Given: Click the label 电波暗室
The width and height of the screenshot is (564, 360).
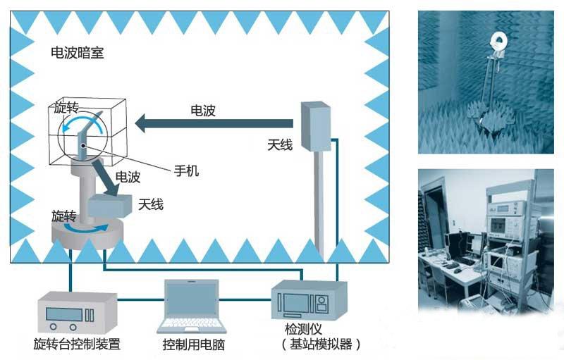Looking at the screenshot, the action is coord(78,53).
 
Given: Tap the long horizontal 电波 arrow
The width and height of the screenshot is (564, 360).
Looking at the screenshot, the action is coord(214,123).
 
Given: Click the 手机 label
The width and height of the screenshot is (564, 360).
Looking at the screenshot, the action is coord(186,170).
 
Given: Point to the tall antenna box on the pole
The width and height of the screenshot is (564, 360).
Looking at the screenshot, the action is coord(316,127).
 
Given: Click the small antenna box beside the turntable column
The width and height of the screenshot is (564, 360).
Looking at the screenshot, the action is coord(110,206).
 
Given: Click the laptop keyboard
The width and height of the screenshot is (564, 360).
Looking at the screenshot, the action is coord(192,323).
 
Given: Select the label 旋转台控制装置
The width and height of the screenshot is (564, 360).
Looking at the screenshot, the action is coord(77,344).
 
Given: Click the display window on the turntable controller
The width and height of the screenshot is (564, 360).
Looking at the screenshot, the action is coord(64,314).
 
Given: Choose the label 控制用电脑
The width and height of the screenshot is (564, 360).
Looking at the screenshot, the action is coord(193,345).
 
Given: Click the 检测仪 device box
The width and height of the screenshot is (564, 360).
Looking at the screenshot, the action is coord(309,300).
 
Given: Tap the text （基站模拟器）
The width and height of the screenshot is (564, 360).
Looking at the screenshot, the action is coord(321,345).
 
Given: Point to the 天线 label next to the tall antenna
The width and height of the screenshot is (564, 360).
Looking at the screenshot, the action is coord(280,145).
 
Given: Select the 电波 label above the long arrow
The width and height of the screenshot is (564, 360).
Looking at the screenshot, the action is coord(203,111).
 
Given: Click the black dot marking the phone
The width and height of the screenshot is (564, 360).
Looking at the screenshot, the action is coord(83,146).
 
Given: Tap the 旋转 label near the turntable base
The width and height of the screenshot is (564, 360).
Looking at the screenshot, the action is coord(63,216).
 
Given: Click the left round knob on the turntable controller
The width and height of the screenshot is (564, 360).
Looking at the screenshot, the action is coord(54,327).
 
